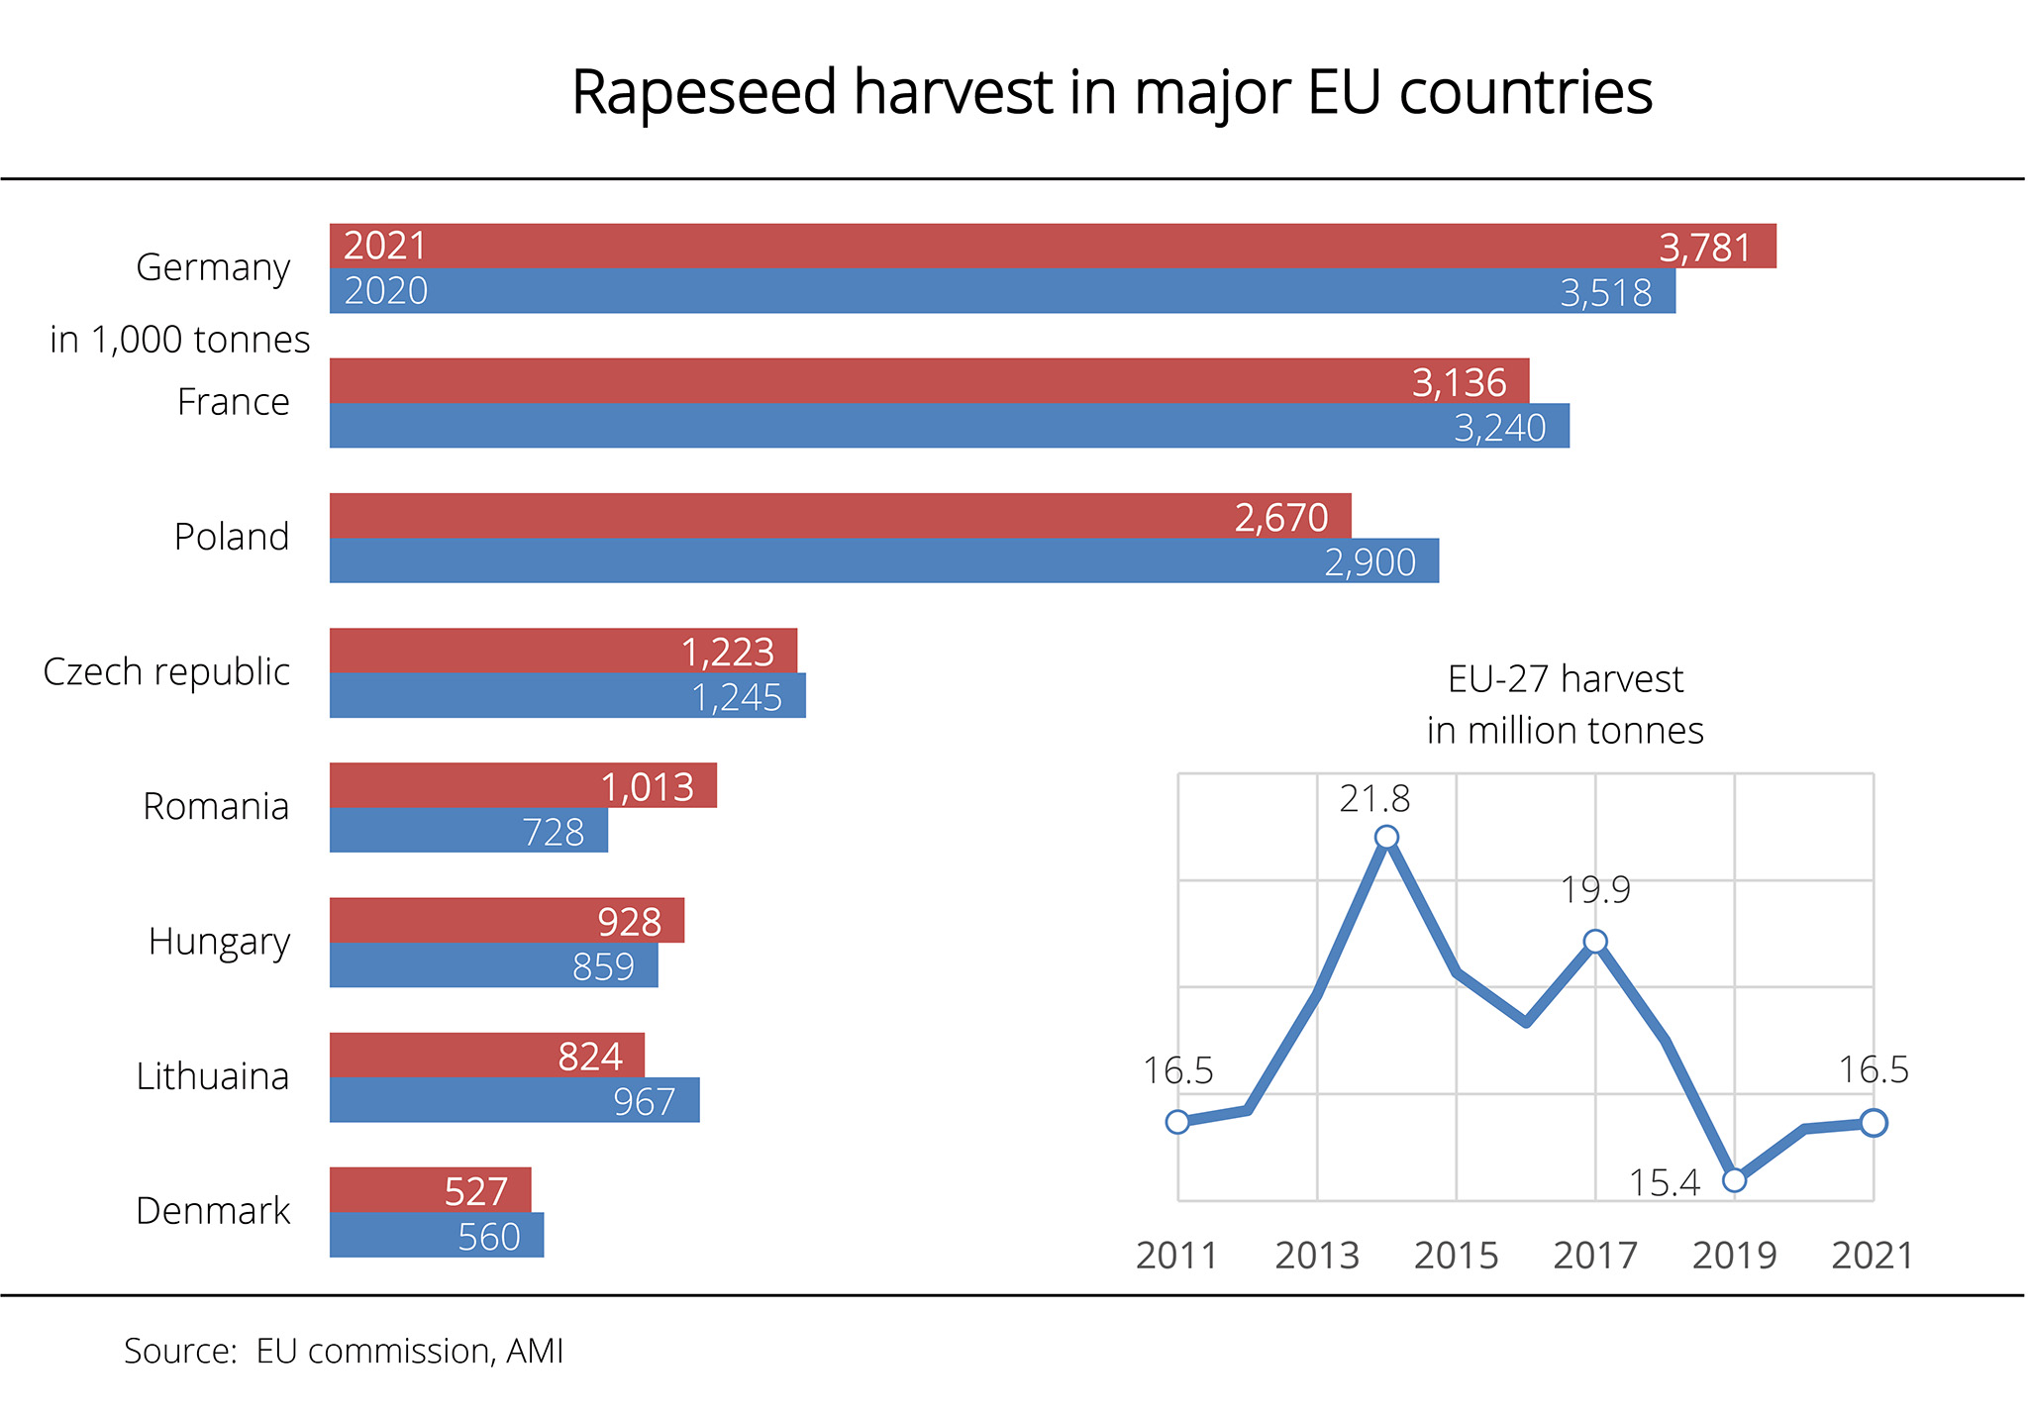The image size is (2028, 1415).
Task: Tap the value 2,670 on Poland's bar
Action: point(1280,517)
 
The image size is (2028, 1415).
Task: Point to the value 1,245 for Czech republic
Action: point(737,697)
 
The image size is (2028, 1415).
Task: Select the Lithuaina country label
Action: point(212,1075)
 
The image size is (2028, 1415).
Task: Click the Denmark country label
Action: point(212,1210)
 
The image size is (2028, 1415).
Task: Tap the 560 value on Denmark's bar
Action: point(488,1236)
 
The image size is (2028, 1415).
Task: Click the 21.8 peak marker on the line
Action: point(1386,838)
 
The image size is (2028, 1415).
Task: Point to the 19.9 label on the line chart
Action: point(1594,890)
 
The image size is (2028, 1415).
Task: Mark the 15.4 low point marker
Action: point(1734,1179)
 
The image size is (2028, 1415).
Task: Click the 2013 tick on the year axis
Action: point(1316,1256)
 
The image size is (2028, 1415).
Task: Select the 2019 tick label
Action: point(1734,1256)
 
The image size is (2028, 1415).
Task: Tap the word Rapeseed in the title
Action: point(704,92)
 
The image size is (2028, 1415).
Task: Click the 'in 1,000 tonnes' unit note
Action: point(179,339)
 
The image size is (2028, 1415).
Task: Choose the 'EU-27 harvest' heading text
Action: point(1565,679)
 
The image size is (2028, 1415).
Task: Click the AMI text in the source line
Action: point(534,1351)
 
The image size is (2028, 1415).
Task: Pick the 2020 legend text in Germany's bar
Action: point(385,291)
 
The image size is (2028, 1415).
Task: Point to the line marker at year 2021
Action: point(1873,1122)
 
